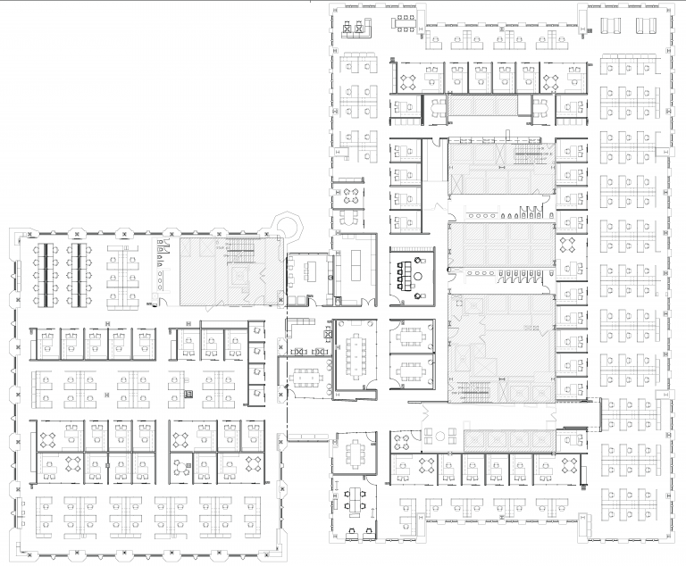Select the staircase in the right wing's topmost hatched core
527,157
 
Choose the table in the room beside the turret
309,268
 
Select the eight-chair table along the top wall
406,19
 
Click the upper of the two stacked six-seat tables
412,337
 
